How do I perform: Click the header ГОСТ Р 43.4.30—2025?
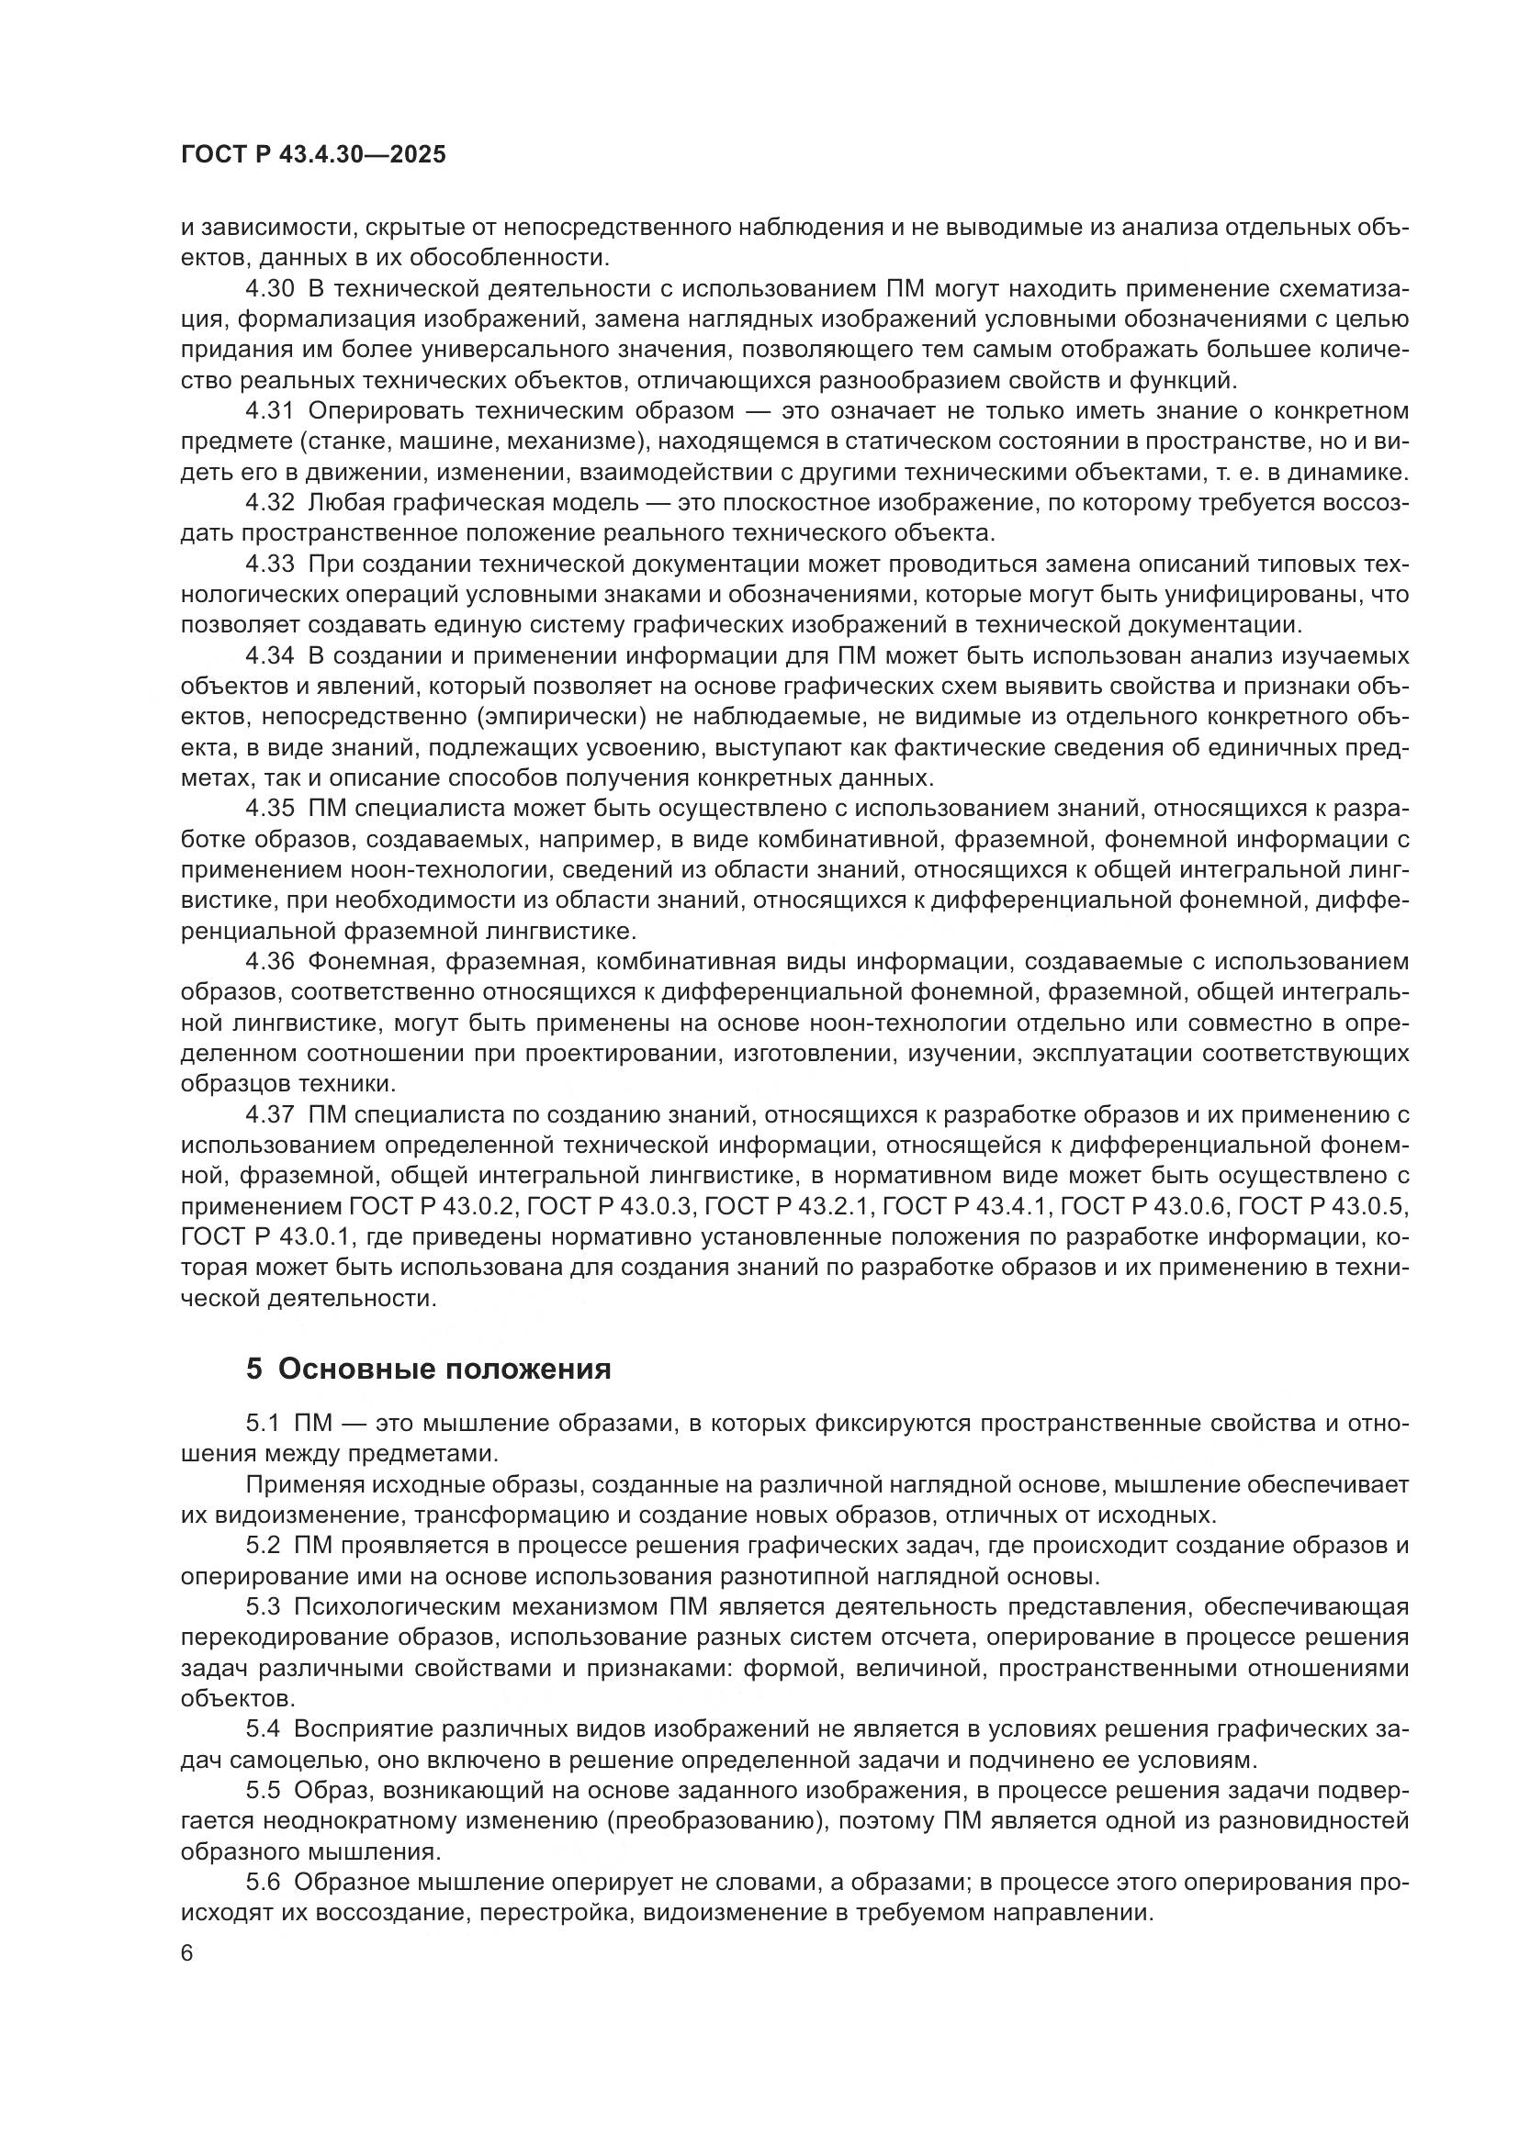click(313, 155)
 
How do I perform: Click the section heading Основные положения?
click(444, 1369)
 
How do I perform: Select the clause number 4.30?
click(269, 289)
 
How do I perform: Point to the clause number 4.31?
click(269, 411)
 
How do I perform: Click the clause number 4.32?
click(269, 503)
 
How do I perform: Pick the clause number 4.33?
click(269, 564)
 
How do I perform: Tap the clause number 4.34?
click(269, 655)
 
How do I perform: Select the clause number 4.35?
click(269, 808)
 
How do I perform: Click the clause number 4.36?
click(269, 961)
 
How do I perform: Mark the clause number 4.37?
click(269, 1113)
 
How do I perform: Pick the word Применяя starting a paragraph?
click(300, 1484)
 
